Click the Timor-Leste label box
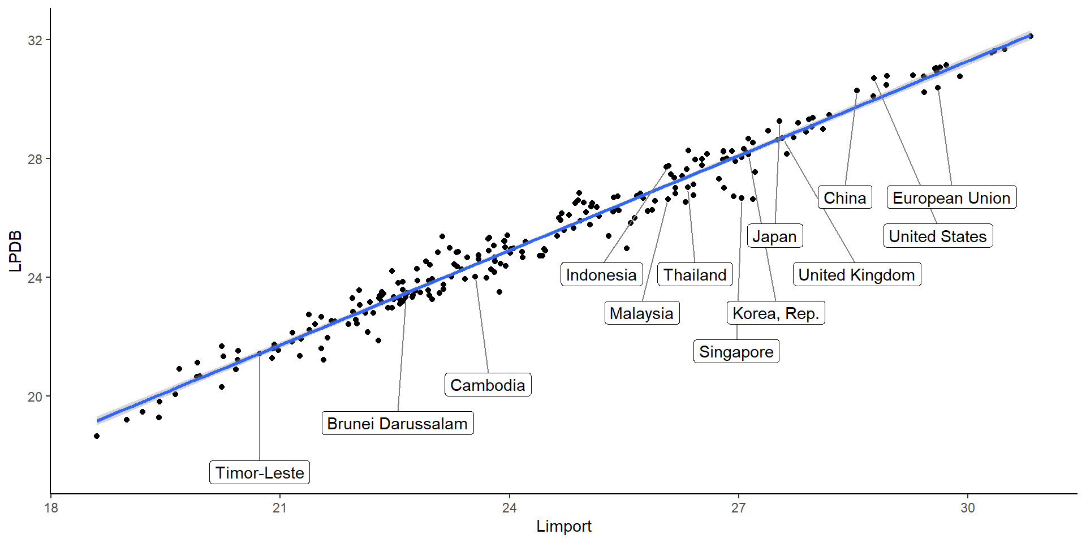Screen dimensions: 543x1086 [260, 472]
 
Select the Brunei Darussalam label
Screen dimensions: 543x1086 [397, 423]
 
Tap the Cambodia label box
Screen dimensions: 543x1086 [488, 385]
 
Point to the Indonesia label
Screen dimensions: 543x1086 [601, 274]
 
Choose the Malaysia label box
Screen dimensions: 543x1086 [641, 313]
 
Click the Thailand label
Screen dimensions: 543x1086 [695, 274]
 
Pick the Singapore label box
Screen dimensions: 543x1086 [736, 351]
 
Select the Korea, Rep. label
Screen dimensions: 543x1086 [775, 313]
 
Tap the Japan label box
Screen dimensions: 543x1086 [774, 236]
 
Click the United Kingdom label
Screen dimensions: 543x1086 [856, 274]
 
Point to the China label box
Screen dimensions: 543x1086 [844, 197]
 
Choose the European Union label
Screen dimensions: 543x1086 [951, 197]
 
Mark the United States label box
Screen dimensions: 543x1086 [938, 236]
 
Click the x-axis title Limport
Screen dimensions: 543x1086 [563, 526]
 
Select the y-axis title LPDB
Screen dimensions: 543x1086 [15, 251]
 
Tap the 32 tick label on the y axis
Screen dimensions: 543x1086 [35, 40]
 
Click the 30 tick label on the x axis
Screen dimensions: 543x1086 [967, 508]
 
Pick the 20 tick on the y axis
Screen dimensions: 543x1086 [35, 397]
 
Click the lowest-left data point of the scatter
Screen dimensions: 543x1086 [97, 436]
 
